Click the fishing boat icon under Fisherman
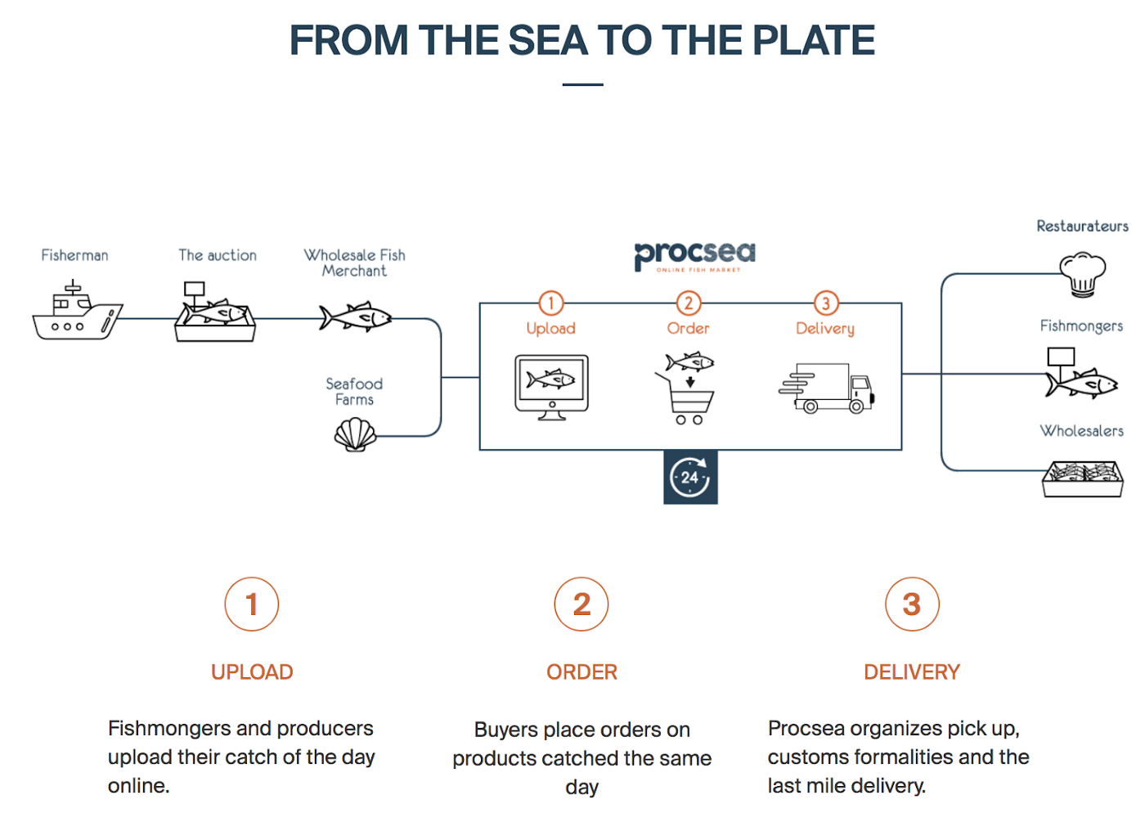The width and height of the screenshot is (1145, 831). pyautogui.click(x=77, y=312)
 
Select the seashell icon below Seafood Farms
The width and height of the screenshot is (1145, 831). pyautogui.click(x=356, y=434)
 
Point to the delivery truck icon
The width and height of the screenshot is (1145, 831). pyautogui.click(x=827, y=389)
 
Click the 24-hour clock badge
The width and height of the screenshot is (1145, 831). pyautogui.click(x=690, y=477)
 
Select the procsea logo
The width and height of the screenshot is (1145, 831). pyautogui.click(x=695, y=256)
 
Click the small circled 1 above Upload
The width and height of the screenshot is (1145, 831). pyautogui.click(x=550, y=303)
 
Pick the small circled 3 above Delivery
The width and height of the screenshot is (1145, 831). pyautogui.click(x=825, y=303)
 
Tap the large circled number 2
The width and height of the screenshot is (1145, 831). pyautogui.click(x=581, y=604)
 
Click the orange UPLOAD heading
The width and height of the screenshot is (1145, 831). pyautogui.click(x=252, y=672)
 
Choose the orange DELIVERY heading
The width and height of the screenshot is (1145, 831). pyautogui.click(x=912, y=672)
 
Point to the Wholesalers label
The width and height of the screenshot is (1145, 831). pyautogui.click(x=1081, y=431)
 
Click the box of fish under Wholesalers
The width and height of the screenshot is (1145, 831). pyautogui.click(x=1082, y=478)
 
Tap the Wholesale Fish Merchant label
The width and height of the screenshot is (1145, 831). pyautogui.click(x=354, y=263)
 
